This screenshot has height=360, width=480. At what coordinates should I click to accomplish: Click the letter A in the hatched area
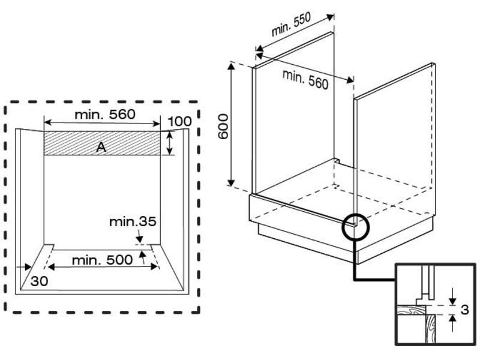click(101, 147)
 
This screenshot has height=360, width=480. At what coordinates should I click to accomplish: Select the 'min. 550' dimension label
click(291, 24)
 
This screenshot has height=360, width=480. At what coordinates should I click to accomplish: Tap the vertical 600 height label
click(223, 127)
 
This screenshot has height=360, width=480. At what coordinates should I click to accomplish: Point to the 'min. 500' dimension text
click(102, 260)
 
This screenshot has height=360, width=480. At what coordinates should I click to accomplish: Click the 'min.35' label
click(133, 221)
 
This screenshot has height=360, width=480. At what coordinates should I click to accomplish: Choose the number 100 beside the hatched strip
click(179, 122)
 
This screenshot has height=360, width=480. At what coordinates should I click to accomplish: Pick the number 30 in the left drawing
click(39, 281)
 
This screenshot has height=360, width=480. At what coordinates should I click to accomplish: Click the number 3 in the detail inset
click(464, 310)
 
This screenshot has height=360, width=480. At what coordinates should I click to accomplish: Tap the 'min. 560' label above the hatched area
click(105, 114)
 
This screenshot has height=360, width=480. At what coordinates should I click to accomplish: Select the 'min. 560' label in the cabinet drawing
click(305, 80)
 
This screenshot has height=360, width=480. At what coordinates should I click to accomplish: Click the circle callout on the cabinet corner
click(356, 227)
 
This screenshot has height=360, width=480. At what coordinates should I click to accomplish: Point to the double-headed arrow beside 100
click(170, 143)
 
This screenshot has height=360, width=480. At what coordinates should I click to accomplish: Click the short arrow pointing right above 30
click(23, 267)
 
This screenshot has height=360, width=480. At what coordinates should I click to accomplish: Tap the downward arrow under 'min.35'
click(139, 236)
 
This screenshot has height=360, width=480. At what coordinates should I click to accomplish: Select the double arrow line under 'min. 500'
click(103, 267)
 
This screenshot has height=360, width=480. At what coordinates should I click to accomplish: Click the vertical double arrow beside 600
click(231, 124)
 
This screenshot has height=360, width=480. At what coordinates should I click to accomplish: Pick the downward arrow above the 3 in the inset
click(452, 296)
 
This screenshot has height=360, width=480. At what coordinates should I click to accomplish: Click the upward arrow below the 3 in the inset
click(452, 323)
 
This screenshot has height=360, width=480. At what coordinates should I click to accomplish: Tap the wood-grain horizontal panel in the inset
click(411, 310)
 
